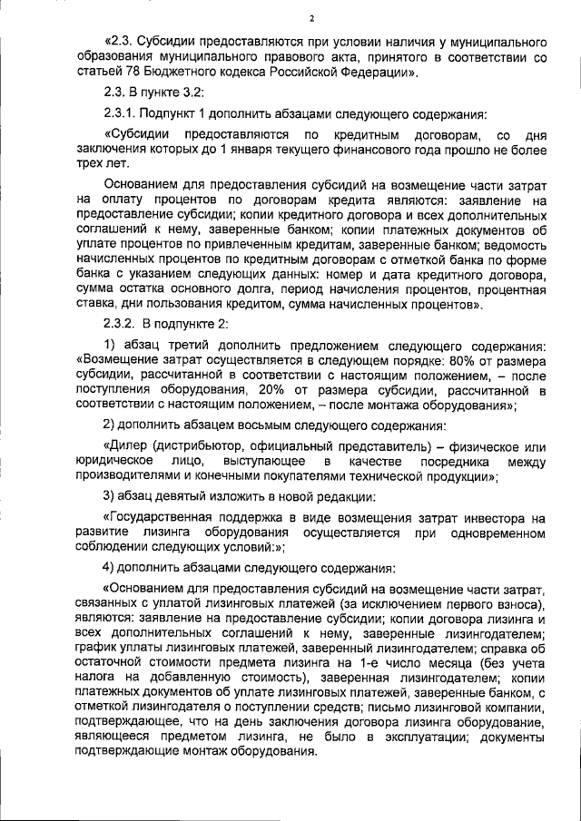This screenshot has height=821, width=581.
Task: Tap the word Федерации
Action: (x=372, y=71)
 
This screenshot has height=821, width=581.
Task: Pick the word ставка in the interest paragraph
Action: (x=97, y=305)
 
